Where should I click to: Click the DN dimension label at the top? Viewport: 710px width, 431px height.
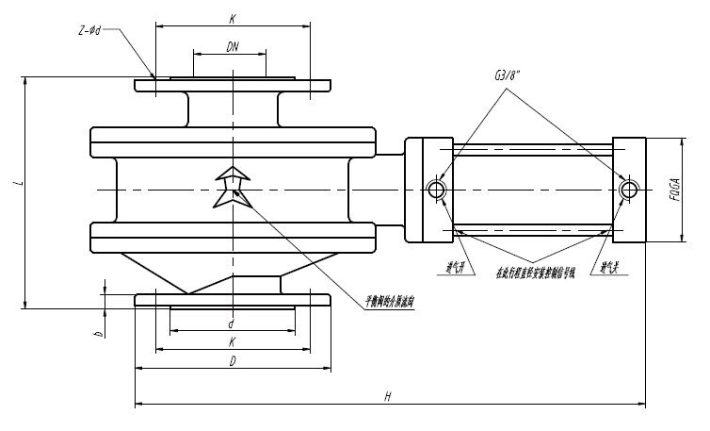tap(232, 46)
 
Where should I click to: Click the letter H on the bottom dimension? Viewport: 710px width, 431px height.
tap(387, 398)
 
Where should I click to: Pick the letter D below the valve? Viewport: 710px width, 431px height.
tap(232, 360)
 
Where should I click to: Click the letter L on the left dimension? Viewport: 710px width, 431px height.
tap(17, 184)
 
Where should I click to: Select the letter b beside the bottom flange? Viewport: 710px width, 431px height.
tap(97, 333)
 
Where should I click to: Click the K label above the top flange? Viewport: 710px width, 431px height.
tap(232, 18)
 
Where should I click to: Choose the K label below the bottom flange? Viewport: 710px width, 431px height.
tap(232, 342)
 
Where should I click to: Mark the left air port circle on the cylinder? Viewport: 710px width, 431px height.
tap(436, 190)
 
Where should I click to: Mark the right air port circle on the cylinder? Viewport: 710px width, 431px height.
tap(628, 190)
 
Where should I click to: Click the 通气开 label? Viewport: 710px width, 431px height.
tap(459, 267)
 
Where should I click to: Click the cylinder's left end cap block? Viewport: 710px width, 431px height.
tap(429, 190)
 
